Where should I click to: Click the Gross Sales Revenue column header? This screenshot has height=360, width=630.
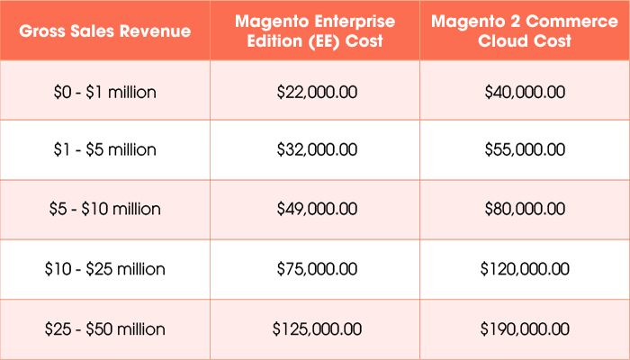pos(105,31)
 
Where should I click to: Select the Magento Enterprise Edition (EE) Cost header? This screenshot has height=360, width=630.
pos(315,31)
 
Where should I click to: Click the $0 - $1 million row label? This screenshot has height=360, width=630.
pos(105,91)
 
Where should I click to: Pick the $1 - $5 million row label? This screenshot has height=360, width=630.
pos(105,149)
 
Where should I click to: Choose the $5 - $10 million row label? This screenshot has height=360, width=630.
pos(105,209)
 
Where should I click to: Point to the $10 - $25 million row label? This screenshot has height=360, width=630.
pos(105,268)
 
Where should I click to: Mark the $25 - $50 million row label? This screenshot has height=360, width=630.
pos(105,328)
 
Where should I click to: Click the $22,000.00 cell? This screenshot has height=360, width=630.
pos(315,91)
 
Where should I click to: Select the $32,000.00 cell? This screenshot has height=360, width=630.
pos(315,149)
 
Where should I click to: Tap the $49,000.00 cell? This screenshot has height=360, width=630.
pos(315,209)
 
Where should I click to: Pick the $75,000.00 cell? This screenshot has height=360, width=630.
pos(315,268)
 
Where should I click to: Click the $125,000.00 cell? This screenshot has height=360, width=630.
pos(315,328)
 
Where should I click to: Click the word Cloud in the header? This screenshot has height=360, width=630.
pos(501,41)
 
